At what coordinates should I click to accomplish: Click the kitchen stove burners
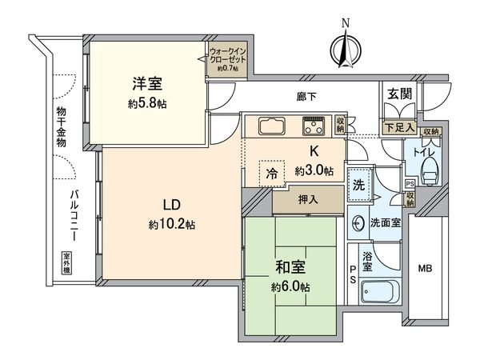click(x=313, y=126)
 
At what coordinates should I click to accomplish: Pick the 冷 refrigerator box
click(x=273, y=174)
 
